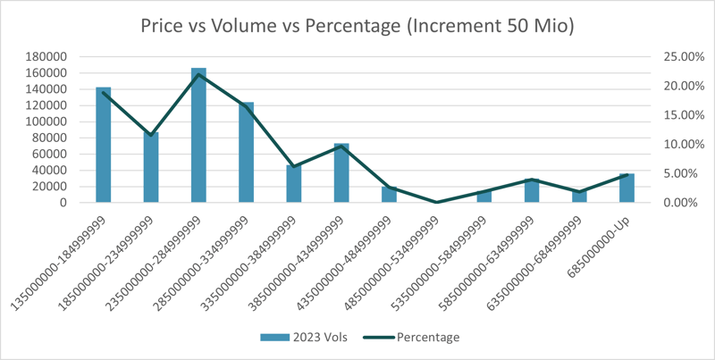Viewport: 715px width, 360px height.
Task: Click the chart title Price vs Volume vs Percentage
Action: click(357, 26)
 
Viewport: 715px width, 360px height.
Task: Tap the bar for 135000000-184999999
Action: click(104, 147)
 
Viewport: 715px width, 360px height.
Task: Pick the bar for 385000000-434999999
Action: click(341, 174)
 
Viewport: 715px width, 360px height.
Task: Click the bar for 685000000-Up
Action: click(627, 189)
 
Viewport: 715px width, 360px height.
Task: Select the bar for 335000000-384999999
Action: click(294, 184)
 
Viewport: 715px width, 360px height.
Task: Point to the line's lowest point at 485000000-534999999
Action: click(436, 202)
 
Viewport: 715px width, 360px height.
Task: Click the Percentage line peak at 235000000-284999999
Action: click(198, 74)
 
